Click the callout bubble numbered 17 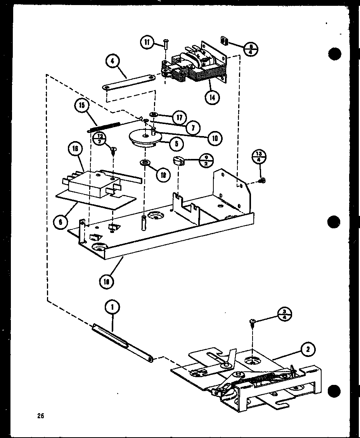[x=180, y=118]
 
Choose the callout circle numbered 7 [x=192, y=127]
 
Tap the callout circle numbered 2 [x=308, y=350]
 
